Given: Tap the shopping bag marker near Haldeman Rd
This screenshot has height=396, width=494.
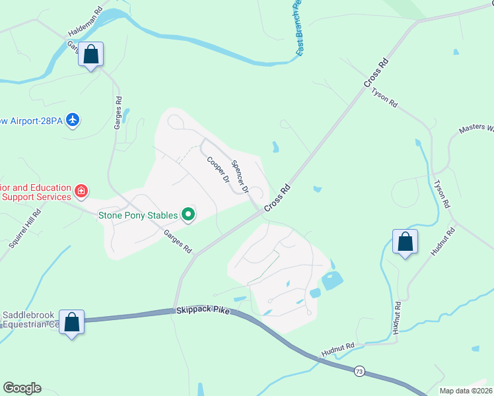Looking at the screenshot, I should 91,55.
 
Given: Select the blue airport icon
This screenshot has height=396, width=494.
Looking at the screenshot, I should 73,120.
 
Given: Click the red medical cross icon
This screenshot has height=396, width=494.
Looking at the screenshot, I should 81,191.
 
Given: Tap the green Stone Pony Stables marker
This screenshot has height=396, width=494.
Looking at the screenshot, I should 188,214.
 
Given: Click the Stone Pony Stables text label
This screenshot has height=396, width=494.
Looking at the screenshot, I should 137,214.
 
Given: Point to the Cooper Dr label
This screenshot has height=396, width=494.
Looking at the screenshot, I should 217,170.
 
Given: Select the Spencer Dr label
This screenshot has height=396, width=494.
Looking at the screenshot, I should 239,177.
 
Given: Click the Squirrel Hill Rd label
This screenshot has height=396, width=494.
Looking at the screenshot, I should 25,228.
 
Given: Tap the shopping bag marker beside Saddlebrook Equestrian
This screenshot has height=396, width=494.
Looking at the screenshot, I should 71,323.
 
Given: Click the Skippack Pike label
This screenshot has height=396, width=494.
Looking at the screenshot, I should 202,310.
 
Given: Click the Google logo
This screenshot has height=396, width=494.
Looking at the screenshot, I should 22,388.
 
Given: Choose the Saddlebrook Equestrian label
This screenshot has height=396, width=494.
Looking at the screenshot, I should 30,319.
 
